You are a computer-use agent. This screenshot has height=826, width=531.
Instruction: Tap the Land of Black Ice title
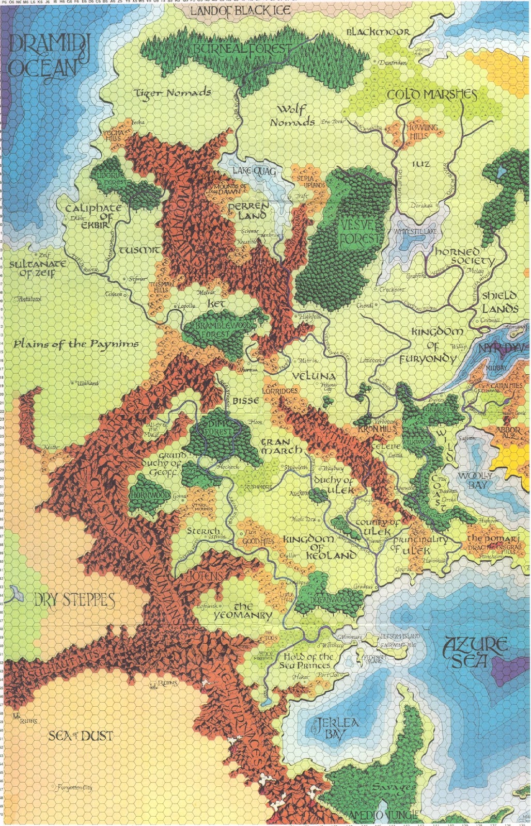click(240, 11)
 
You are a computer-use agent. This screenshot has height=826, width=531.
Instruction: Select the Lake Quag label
click(254, 171)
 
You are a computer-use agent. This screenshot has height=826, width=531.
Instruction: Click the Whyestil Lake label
click(415, 232)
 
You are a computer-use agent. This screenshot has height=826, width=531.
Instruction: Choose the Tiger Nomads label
click(173, 93)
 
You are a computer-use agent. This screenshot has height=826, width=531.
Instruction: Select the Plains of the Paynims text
click(76, 344)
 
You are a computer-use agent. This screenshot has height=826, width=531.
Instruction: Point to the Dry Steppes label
click(74, 600)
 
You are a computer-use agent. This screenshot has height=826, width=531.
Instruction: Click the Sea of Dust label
click(81, 736)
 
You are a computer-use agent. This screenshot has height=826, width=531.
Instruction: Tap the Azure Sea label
click(474, 652)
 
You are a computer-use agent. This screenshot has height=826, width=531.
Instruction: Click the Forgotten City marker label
click(74, 787)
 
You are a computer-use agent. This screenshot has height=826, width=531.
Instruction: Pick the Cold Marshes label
click(432, 94)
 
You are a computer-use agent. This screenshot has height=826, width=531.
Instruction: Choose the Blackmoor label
click(378, 32)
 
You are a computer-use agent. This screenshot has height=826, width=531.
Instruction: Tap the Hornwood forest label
click(150, 495)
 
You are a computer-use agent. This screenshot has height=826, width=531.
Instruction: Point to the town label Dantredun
click(392, 62)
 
